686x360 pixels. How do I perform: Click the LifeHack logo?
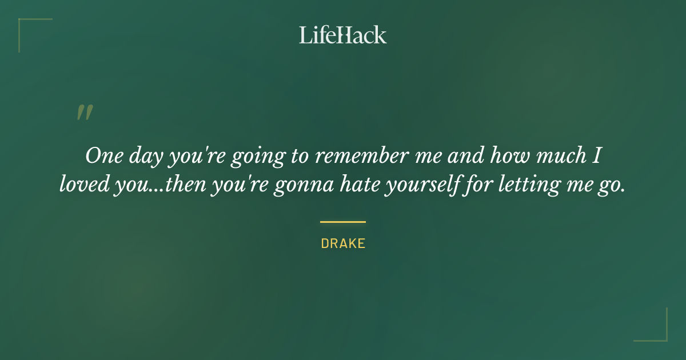point(342,35)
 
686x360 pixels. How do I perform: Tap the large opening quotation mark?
point(84,113)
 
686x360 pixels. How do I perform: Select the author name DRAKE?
point(343,243)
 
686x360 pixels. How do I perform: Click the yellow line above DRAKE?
point(343,222)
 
